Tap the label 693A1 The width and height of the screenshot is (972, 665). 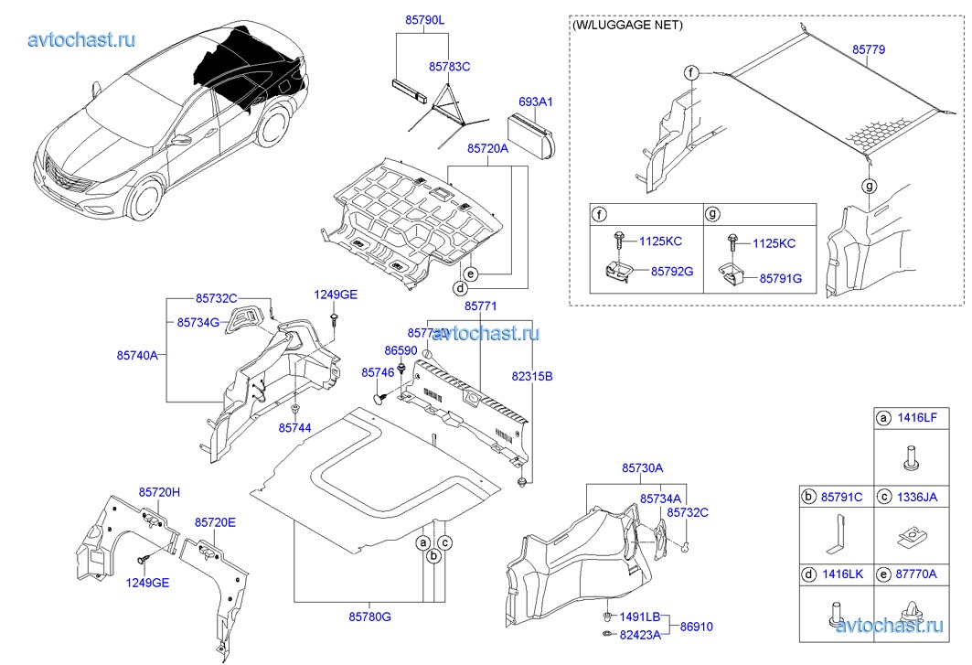536,102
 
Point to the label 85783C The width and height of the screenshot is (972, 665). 449,67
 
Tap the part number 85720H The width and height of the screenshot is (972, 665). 159,493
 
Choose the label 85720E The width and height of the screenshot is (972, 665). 214,522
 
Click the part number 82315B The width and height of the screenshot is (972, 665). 531,376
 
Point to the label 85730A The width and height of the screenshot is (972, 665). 642,468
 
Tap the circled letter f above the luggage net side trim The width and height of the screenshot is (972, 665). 692,72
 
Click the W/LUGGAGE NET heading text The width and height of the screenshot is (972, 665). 627,26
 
